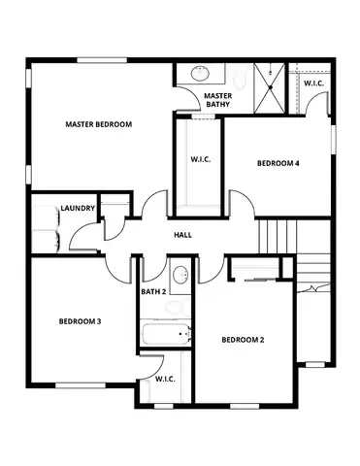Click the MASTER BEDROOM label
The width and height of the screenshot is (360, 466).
coord(98,124)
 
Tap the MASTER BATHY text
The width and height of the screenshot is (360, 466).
coord(216,99)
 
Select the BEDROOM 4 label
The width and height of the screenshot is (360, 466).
coord(277,163)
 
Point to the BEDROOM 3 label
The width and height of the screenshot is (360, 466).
coord(80,320)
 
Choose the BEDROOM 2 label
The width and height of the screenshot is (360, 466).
coord(243,339)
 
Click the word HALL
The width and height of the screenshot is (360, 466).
coord(181,236)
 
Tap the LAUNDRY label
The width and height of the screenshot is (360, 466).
coord(77,208)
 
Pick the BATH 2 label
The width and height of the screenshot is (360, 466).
coord(153,290)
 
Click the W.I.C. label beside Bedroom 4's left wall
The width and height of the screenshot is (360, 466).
coord(202,159)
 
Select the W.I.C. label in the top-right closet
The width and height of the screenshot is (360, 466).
coord(313,83)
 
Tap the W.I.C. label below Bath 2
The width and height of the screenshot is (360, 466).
coord(164,380)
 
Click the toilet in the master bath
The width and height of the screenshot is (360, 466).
coord(239,76)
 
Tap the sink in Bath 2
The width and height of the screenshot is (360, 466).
coord(179,274)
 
